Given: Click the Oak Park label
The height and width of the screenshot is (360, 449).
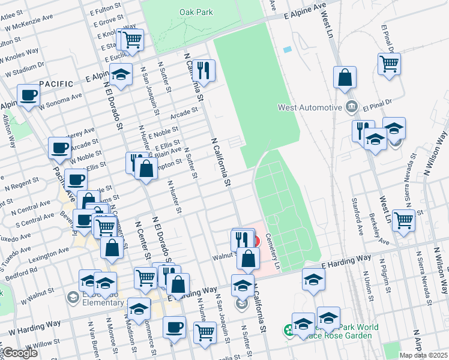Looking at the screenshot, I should [193, 12].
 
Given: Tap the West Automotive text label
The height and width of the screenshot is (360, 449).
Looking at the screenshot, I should [309, 108].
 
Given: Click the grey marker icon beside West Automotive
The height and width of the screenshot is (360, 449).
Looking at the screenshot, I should [352, 108].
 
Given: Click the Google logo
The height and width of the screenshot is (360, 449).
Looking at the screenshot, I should [19, 353].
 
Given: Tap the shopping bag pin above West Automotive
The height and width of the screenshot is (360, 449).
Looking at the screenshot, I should [345, 78].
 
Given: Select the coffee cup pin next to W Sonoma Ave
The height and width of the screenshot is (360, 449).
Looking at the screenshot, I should [28, 95].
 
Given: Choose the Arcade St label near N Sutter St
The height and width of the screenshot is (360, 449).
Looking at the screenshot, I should [184, 111].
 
